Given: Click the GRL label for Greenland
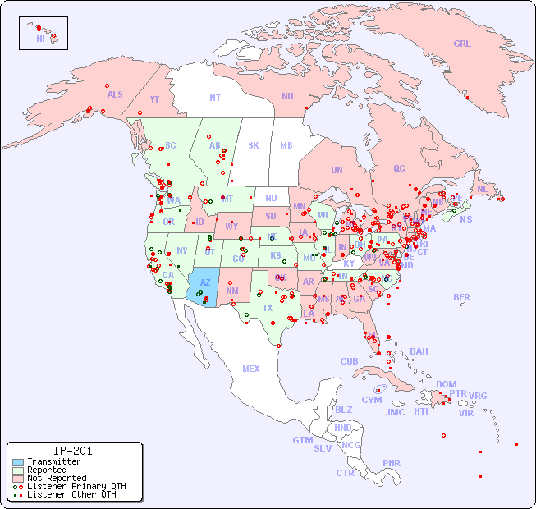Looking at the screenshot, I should coord(462,44).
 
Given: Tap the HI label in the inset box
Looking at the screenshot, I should coord(40,39).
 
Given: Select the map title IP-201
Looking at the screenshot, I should coord(73,451).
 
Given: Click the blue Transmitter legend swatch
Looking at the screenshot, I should coord(18,462).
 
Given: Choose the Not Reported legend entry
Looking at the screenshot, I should coord(56,478).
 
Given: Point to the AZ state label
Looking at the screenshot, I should coord(205,282).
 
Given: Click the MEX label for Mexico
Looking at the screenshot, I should coord(251,369).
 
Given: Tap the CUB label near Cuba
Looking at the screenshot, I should coord(349,361).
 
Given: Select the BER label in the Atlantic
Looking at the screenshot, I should coord(462,297).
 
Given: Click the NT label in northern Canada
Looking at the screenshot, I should coord(214,97).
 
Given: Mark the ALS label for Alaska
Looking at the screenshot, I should coord(115,94).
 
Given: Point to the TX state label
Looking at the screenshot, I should coord(267,308).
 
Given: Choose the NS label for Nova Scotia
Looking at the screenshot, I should coord(465,219).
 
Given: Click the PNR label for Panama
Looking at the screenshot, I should coord(392,463).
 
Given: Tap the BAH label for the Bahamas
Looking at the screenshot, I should coord(419,351).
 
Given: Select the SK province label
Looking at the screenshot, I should coord(254,145).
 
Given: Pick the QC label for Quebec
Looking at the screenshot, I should coord(399,168).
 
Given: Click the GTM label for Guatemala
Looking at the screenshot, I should coord(302,440).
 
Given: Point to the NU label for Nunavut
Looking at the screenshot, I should coord(287,96).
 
